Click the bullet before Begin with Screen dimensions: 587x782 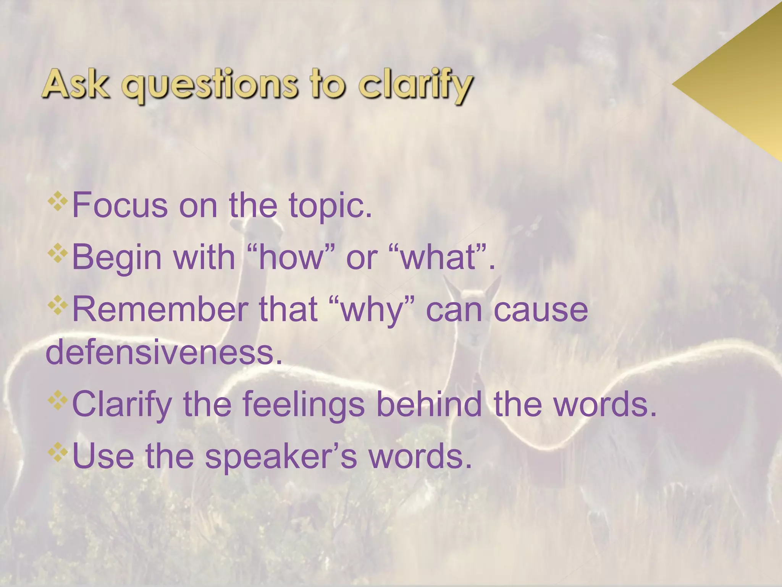(58, 253)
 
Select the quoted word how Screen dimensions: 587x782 (291, 257)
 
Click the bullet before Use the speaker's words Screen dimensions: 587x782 (58, 452)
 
